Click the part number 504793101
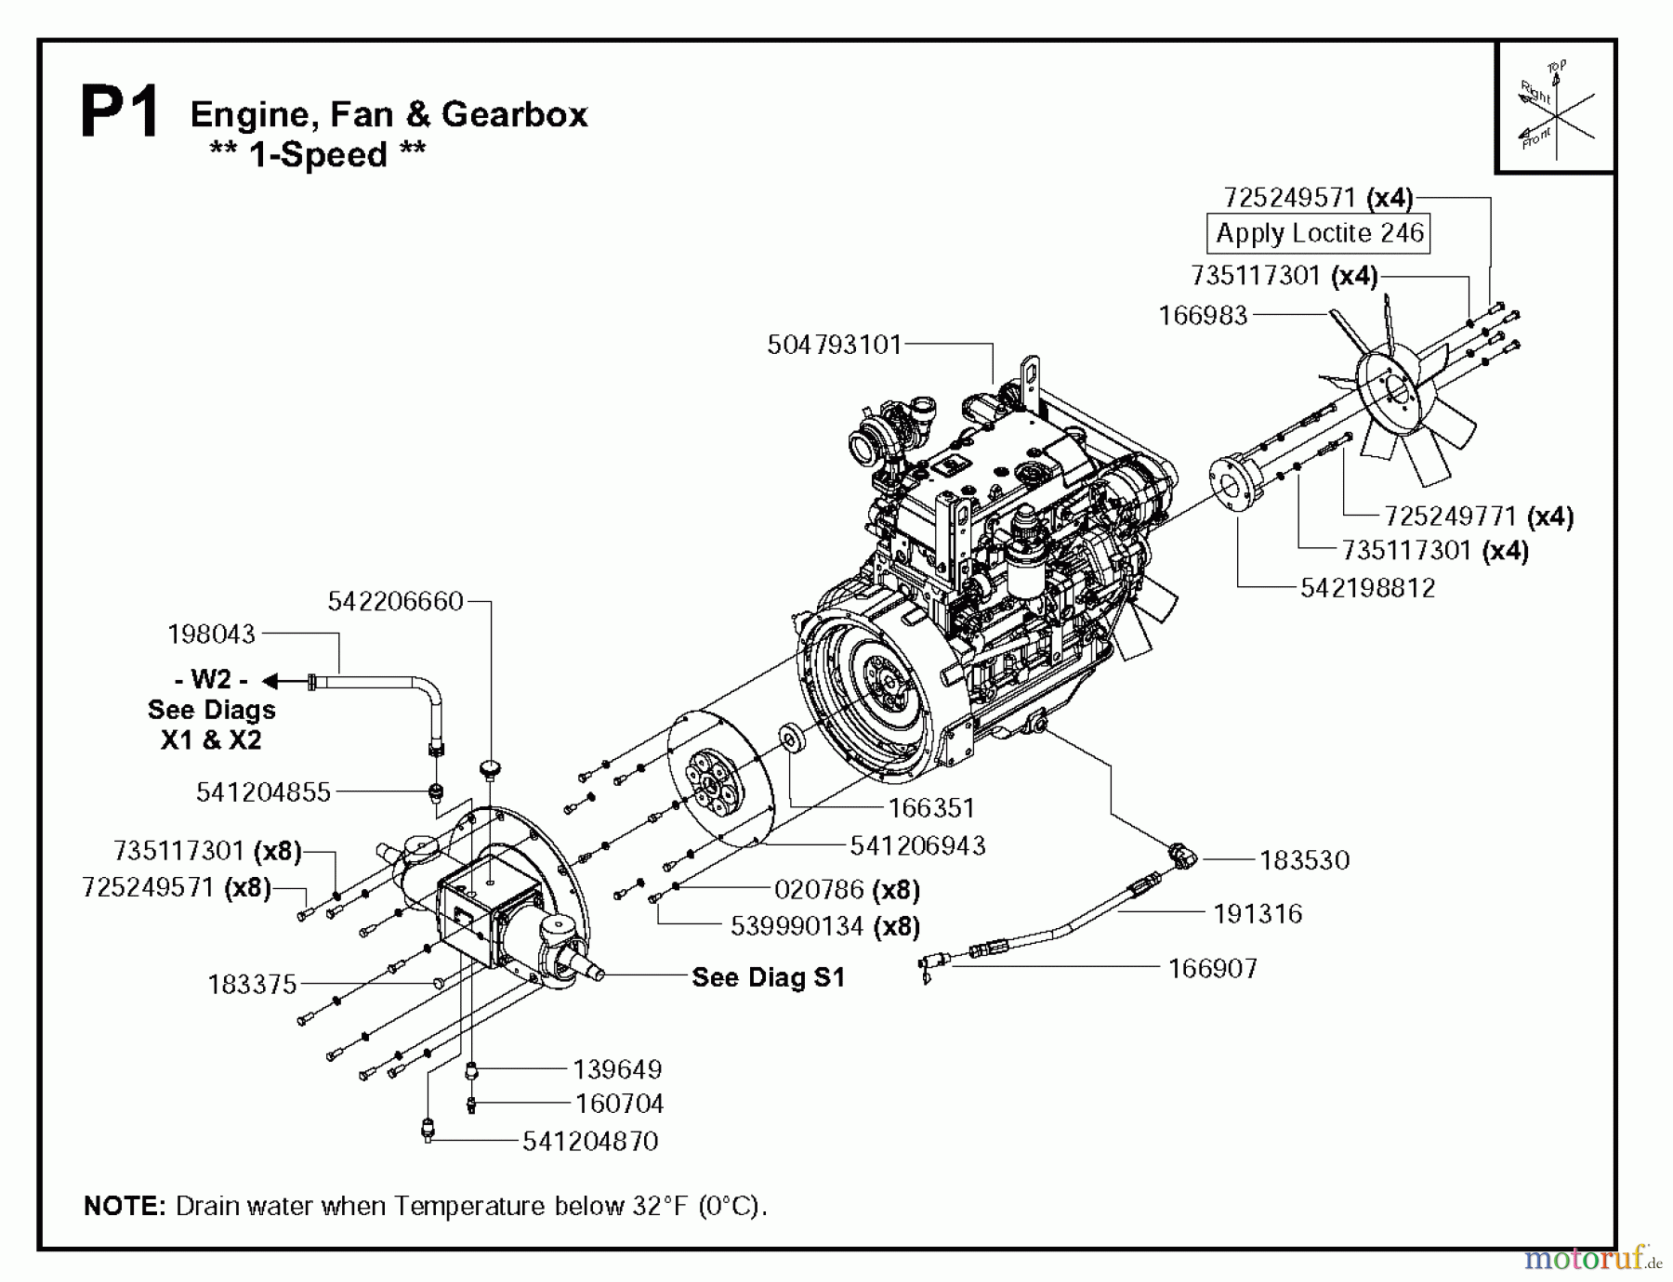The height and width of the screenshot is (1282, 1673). point(834,346)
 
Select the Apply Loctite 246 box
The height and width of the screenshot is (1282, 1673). point(1319,233)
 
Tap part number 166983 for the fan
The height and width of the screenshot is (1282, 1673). point(1203,316)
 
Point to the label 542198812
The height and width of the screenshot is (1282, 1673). point(1367,588)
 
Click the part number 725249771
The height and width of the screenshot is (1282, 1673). point(1450,517)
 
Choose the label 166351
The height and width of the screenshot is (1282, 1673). point(931,808)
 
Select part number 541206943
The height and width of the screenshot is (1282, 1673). point(917,845)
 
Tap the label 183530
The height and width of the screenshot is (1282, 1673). point(1304,860)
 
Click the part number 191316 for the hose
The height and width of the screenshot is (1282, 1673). point(1258,914)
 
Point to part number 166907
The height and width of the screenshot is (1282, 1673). point(1213,969)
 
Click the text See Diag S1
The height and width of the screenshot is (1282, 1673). point(769,977)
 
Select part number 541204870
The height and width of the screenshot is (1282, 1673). point(590,1141)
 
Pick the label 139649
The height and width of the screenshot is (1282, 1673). point(617,1069)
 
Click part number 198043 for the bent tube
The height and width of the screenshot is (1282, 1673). point(211,634)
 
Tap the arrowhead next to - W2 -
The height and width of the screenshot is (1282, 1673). point(271,682)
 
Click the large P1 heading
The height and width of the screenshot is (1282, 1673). point(120,113)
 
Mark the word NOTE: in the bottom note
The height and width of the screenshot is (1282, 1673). point(125,1206)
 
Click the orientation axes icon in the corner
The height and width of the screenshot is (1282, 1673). point(1555,108)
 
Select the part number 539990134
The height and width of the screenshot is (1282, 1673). point(797,926)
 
